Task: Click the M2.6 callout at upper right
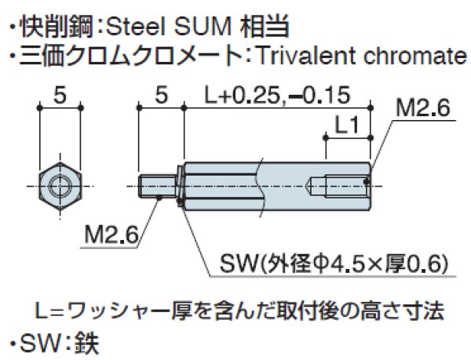click(x=423, y=110)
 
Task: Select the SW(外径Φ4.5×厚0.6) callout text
click(x=333, y=261)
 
